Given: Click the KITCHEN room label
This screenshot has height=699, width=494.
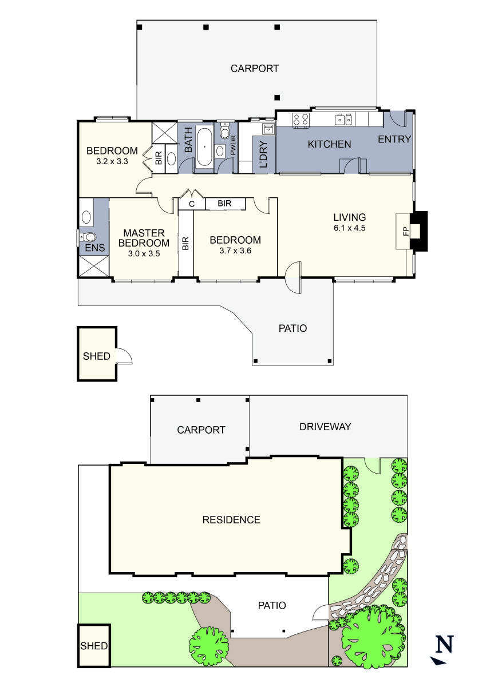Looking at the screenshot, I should [x=329, y=144].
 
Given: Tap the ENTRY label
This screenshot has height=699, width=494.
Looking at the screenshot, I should [x=394, y=139].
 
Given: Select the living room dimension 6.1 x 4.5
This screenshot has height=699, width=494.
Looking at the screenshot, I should [x=350, y=227].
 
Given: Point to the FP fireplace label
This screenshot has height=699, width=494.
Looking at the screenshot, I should [x=405, y=231].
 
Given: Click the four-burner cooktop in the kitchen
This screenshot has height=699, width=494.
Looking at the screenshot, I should [x=301, y=119].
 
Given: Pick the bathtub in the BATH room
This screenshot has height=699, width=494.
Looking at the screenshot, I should [x=204, y=147].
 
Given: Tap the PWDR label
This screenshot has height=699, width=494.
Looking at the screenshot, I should [x=233, y=147].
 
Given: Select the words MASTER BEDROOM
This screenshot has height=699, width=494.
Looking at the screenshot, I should [x=144, y=238].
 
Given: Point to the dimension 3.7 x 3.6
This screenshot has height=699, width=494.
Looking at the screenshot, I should [x=235, y=250].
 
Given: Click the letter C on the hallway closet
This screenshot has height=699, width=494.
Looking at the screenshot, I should [x=192, y=204].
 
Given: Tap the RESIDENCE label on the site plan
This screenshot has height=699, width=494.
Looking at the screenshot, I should [x=231, y=520].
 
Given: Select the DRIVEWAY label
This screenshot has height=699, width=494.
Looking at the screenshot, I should [x=325, y=427].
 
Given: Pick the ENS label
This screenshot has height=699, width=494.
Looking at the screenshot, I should [x=92, y=248].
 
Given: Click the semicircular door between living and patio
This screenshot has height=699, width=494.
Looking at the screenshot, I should [x=293, y=278].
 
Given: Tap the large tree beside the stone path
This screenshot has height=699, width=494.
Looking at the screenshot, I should [x=371, y=637].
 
